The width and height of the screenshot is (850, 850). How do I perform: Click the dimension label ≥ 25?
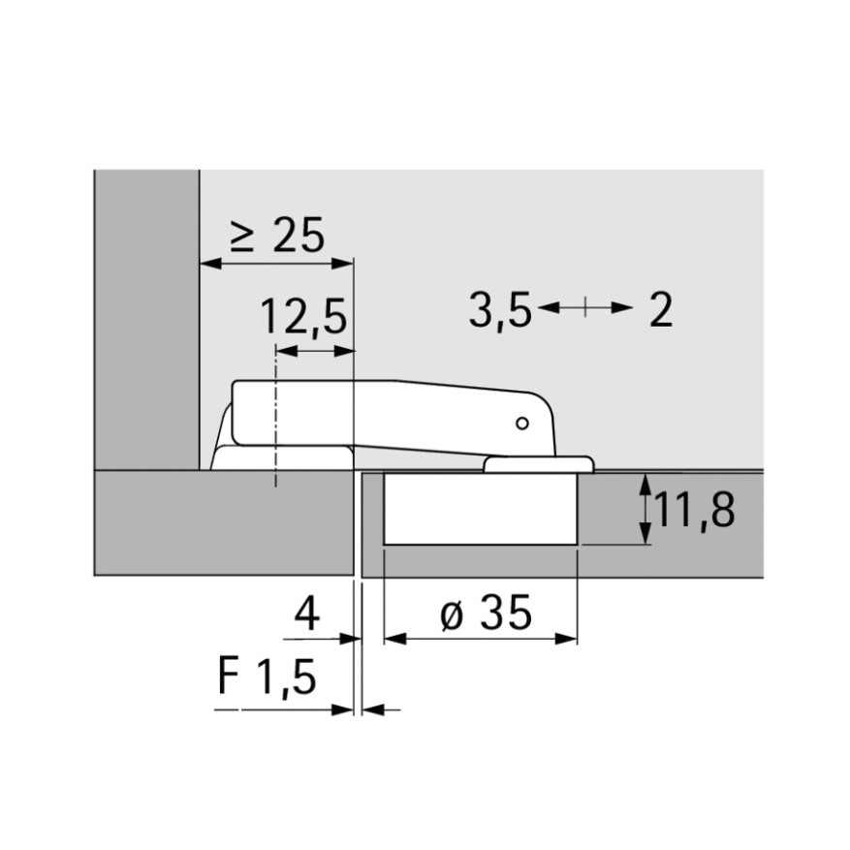click(277, 236)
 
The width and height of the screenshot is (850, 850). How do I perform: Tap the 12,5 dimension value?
click(303, 317)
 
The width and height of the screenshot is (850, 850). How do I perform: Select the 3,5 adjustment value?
click(500, 310)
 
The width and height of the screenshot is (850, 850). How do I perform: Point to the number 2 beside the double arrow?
click(661, 309)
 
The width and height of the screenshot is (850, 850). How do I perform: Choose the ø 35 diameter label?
click(487, 614)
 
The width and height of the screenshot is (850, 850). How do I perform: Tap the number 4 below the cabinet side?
click(307, 614)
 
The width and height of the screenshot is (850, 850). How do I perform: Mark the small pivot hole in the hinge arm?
click(522, 424)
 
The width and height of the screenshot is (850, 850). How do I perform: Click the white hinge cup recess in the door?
click(481, 509)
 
